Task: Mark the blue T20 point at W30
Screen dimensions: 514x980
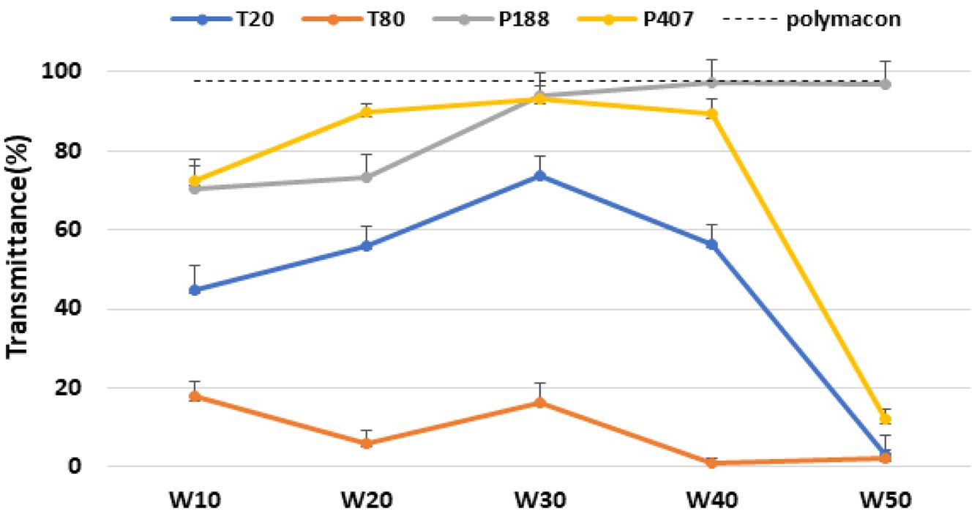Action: (x=540, y=176)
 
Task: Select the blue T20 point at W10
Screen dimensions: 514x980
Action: (x=195, y=290)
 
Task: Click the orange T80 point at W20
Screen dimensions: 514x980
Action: (x=367, y=443)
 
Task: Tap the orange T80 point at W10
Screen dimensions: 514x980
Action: (x=195, y=396)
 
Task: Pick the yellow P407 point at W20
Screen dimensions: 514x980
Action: (x=367, y=112)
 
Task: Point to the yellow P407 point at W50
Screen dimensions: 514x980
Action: (x=885, y=419)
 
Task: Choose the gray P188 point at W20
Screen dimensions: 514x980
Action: (x=367, y=177)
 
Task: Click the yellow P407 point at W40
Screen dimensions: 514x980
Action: (x=712, y=114)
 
